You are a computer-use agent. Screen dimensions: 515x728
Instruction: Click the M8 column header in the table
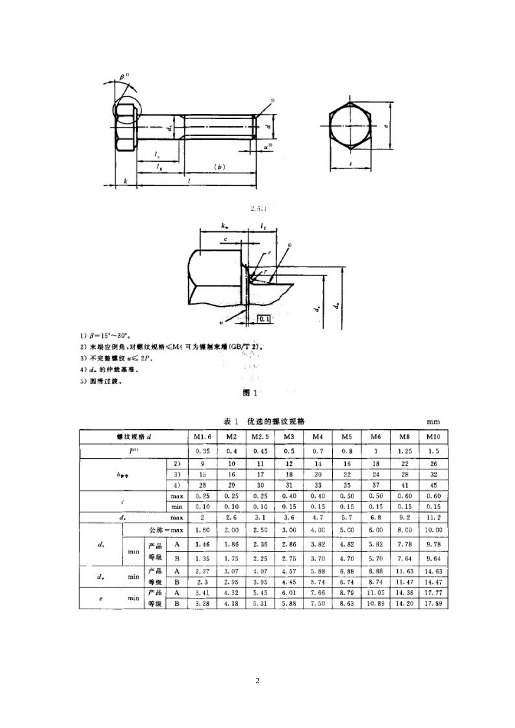[x=404, y=437]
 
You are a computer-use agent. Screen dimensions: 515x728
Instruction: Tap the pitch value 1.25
[x=404, y=451]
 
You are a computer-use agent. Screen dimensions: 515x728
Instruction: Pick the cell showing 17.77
[x=434, y=593]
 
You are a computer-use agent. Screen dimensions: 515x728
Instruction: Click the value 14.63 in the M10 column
[x=434, y=571]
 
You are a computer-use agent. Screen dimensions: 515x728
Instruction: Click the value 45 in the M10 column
[x=434, y=485]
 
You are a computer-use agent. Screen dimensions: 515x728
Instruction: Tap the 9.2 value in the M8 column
[x=404, y=518]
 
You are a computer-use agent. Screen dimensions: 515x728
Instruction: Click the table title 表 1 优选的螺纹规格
[x=264, y=421]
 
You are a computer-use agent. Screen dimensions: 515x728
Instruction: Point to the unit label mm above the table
[x=433, y=422]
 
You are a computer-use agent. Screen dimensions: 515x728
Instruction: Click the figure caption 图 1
[x=250, y=393]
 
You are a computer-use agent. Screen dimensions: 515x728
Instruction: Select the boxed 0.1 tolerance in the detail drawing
[x=265, y=320]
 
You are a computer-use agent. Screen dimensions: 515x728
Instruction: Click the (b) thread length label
[x=220, y=167]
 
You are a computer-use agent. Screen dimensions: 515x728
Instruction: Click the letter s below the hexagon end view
[x=352, y=161]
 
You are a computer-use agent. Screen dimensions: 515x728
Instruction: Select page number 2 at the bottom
[x=257, y=681]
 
